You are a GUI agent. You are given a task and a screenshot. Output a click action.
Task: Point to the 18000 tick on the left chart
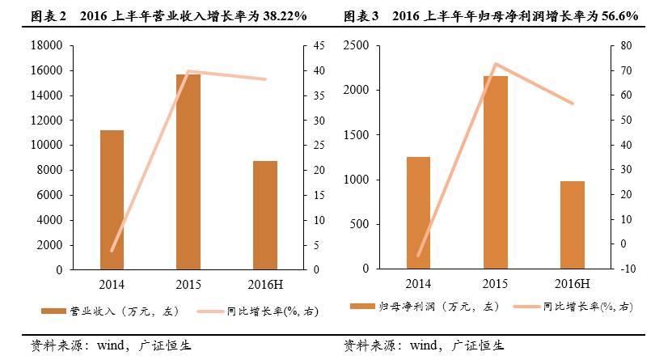pos(47,46)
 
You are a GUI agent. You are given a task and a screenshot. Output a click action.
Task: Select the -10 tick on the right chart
pos(625,269)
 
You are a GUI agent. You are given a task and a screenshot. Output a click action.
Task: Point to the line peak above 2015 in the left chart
pos(188,72)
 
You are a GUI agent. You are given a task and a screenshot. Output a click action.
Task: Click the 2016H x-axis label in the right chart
pos(572,282)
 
